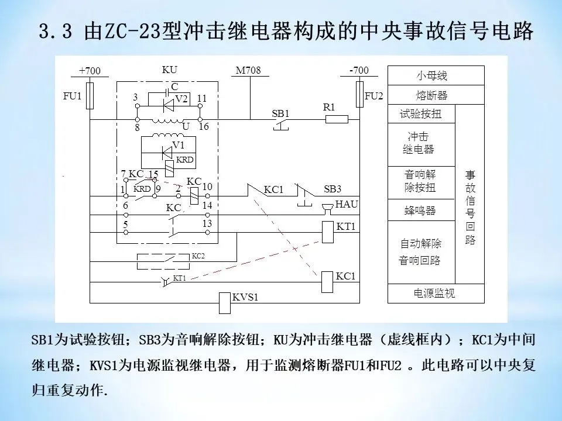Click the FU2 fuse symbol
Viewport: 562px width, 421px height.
(x=359, y=95)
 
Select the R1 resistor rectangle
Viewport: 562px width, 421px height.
(x=336, y=119)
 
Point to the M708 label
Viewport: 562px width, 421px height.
(x=248, y=71)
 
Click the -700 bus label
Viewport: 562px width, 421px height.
(x=358, y=70)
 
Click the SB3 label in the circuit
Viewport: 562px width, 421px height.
(x=332, y=189)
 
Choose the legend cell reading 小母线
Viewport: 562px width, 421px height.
(x=436, y=75)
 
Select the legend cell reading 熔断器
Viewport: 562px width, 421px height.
(x=436, y=95)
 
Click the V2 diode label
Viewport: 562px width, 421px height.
(x=181, y=99)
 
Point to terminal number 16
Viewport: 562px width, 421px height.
(x=204, y=126)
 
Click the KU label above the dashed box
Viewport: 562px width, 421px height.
(x=169, y=70)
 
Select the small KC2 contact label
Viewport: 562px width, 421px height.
(x=198, y=256)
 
